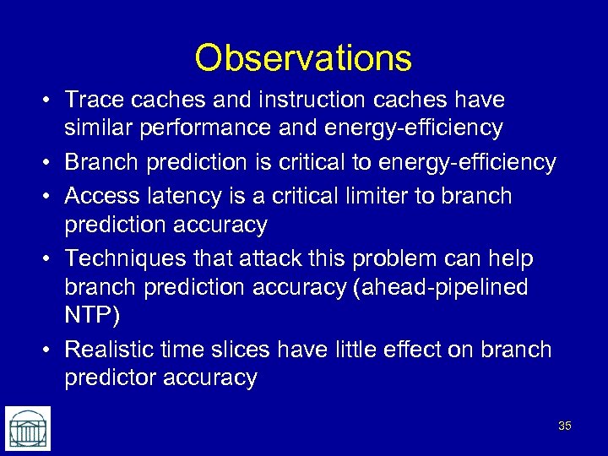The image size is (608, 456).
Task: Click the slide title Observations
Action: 303,58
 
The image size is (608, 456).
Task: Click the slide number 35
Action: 565,426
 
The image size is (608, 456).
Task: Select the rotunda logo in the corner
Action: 28,428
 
